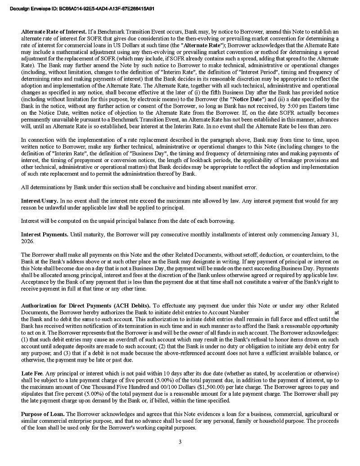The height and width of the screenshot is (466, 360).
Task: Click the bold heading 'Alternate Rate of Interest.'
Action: [x=54, y=32]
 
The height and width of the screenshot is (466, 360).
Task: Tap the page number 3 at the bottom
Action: [x=180, y=442]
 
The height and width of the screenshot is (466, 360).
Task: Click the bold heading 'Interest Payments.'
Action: [x=45, y=235]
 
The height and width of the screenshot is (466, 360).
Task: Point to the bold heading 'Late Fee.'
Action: [x=32, y=374]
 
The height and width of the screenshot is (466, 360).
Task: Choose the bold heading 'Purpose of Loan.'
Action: [x=43, y=414]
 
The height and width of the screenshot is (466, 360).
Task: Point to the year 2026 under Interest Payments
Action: [x=27, y=241]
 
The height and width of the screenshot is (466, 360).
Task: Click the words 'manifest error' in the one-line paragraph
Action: [x=242, y=187]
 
